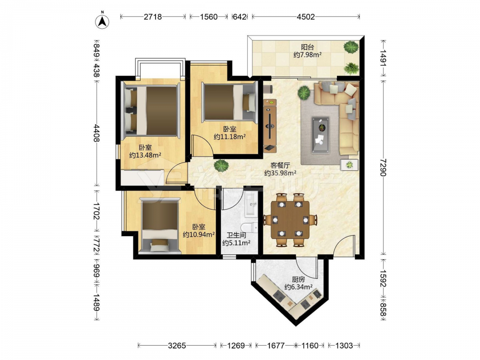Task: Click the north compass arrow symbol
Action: pos(103,21)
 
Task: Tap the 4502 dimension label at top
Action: pos(305,17)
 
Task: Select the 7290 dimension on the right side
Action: pos(383,168)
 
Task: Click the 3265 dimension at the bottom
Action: pos(177,346)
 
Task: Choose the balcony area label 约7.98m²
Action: pos(307,55)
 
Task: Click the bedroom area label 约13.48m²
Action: pos(145,155)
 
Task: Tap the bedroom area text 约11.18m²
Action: pos(229,137)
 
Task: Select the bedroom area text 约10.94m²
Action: pos(199,235)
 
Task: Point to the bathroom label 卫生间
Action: pos(236,235)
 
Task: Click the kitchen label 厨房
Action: pos(298,279)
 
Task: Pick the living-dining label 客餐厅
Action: pos(280,166)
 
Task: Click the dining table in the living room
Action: pos(290,220)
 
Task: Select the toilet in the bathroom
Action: pos(249,228)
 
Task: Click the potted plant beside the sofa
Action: pos(304,93)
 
